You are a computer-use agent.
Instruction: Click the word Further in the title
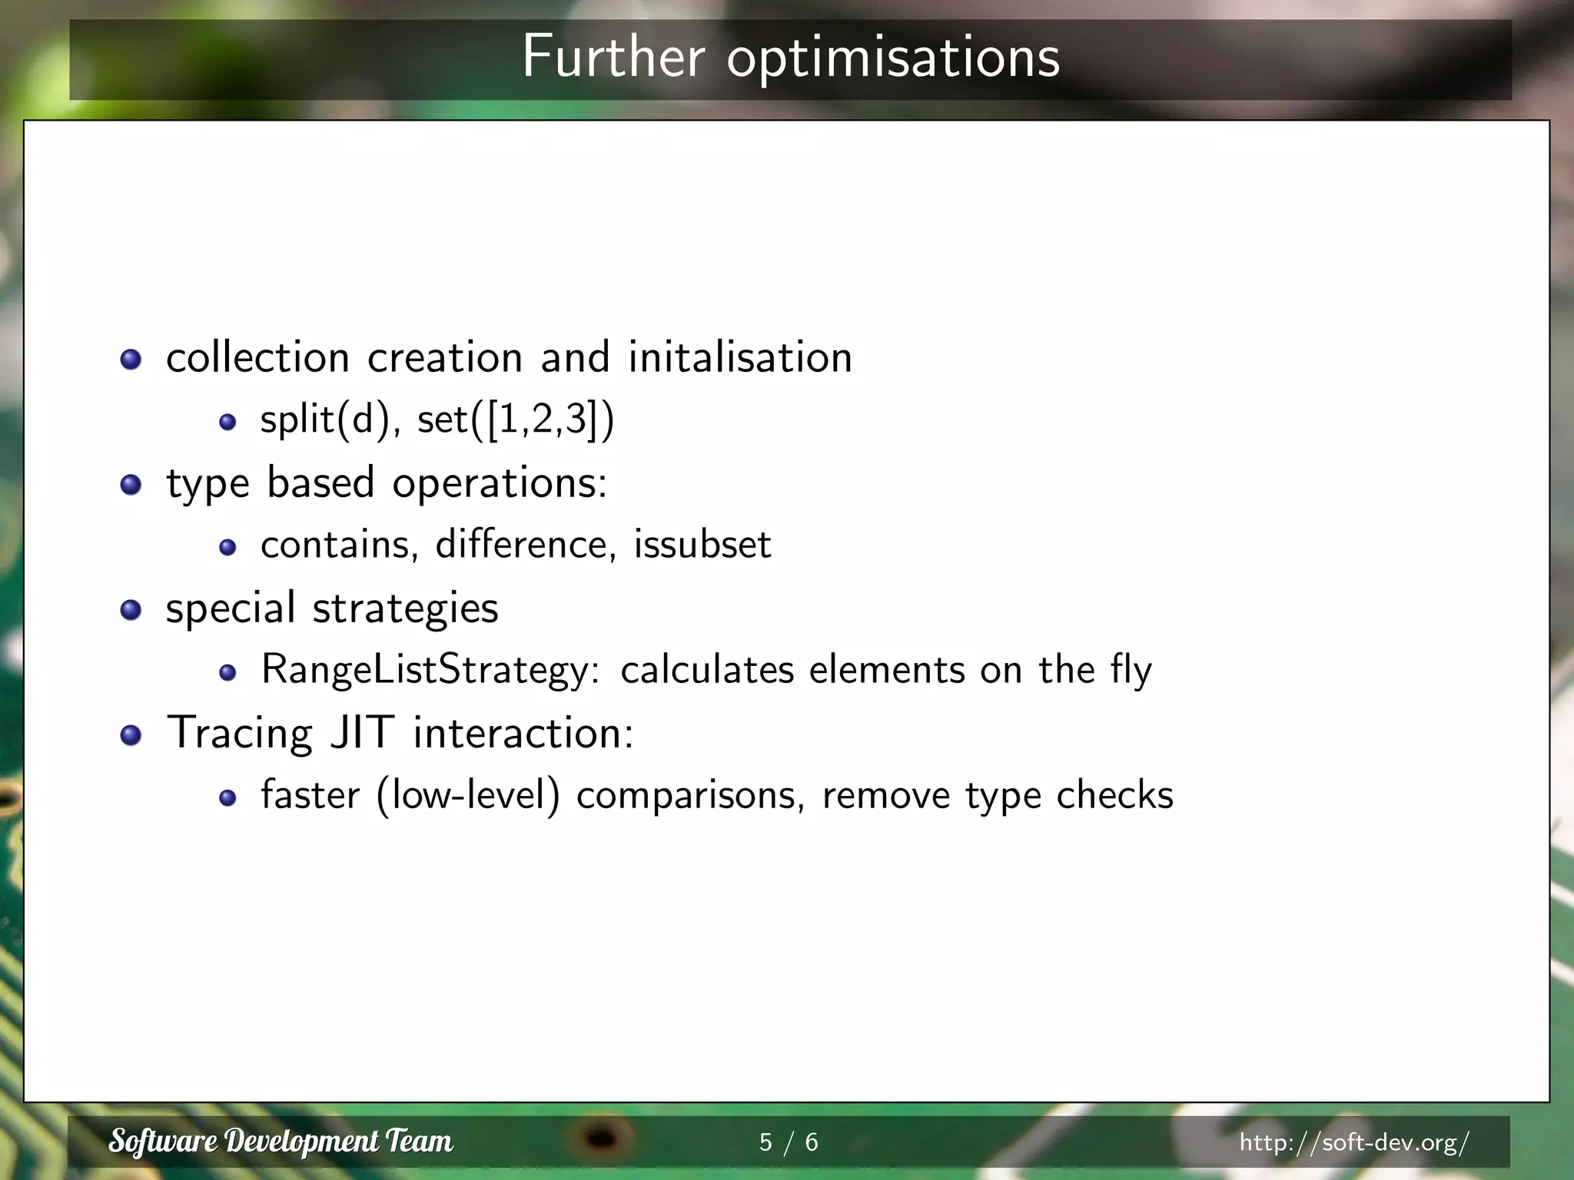613,58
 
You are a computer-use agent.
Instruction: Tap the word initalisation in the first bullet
740,358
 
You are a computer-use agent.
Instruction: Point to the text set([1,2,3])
516,420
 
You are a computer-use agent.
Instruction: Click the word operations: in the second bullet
500,484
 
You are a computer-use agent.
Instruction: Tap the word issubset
702,545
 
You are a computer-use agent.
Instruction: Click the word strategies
405,609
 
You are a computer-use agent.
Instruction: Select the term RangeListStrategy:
430,671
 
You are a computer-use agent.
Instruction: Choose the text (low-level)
468,796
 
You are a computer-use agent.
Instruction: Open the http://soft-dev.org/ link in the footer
1354,1142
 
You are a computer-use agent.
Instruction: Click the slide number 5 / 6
789,1142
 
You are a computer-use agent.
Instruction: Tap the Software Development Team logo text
281,1142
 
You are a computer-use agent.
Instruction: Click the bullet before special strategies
131,610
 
